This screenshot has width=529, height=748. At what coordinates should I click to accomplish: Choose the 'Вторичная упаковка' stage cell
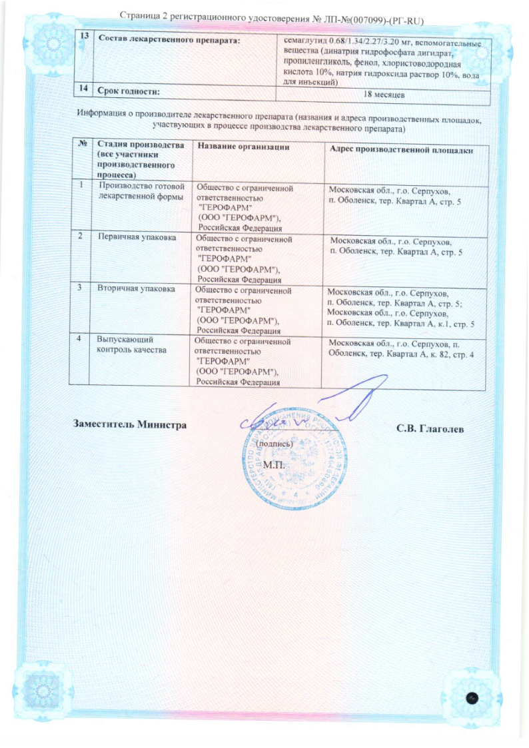click(135, 289)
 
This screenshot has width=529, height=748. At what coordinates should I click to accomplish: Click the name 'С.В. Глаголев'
click(430, 427)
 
